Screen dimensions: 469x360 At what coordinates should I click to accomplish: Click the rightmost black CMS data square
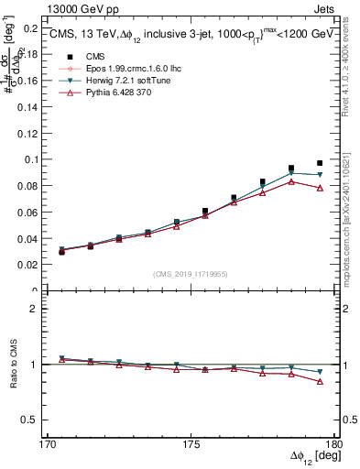[x=320, y=163]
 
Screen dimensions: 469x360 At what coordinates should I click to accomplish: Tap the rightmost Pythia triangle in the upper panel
[x=320, y=188]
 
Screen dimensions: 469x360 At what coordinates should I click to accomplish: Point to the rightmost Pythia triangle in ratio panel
[x=320, y=381]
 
